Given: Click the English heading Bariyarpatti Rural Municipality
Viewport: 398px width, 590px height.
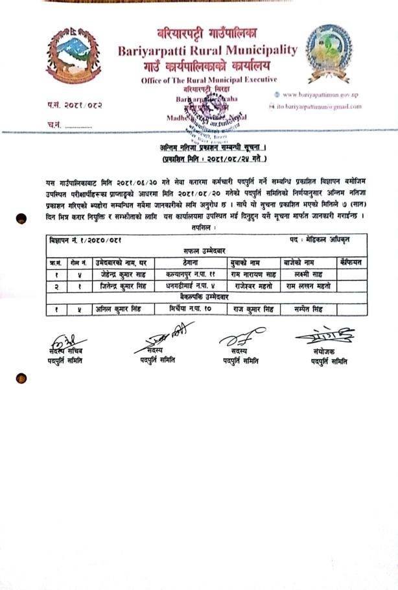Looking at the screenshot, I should (207, 50).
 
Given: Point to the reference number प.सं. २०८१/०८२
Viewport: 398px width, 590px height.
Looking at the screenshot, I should (75, 104).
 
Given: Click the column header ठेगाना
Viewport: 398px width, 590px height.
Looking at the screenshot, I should (195, 261).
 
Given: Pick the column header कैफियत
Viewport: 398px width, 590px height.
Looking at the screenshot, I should (349, 261).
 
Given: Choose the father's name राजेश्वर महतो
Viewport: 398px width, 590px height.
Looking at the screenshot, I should (255, 285).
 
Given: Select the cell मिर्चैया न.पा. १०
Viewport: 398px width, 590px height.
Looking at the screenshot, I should (194, 309).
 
